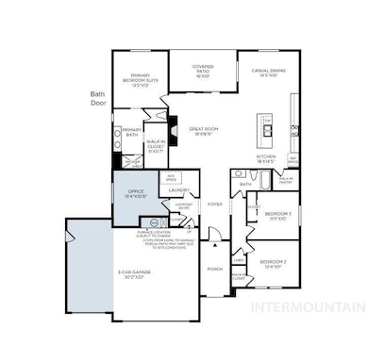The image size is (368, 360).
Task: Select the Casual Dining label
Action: [x=267, y=70]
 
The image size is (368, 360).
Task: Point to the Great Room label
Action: [x=203, y=131]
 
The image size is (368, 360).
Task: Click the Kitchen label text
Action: [x=266, y=159]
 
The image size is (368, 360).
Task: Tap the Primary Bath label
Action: [x=131, y=132]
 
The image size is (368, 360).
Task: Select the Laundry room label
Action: [x=180, y=190]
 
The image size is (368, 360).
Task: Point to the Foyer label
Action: [x=216, y=203]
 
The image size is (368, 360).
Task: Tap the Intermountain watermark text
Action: [x=316, y=306]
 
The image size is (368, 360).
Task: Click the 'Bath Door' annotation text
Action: [x=97, y=100]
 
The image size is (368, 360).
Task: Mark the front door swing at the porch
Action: [x=215, y=244]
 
